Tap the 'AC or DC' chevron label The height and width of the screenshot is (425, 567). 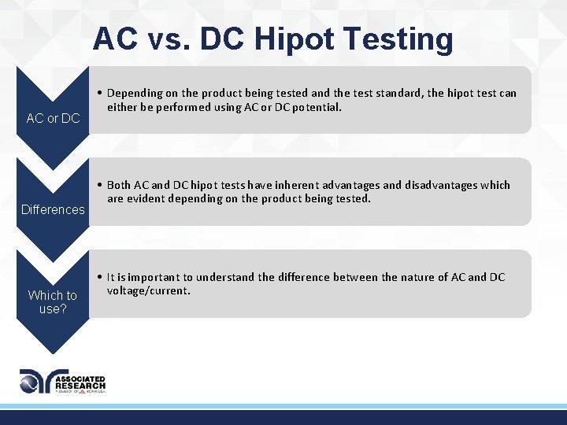click(x=53, y=118)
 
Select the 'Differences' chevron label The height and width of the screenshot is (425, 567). click(x=53, y=209)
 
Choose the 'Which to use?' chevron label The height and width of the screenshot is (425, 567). click(x=53, y=301)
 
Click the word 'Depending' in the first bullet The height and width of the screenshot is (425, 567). click(x=135, y=93)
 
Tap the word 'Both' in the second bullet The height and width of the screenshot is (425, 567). click(x=119, y=185)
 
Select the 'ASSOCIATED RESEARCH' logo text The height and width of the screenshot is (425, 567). click(x=80, y=382)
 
